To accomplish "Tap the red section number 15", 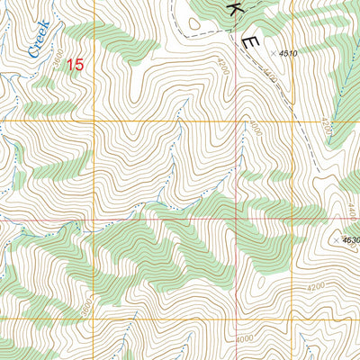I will click(76, 65).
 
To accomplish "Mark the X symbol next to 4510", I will click(274, 55).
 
